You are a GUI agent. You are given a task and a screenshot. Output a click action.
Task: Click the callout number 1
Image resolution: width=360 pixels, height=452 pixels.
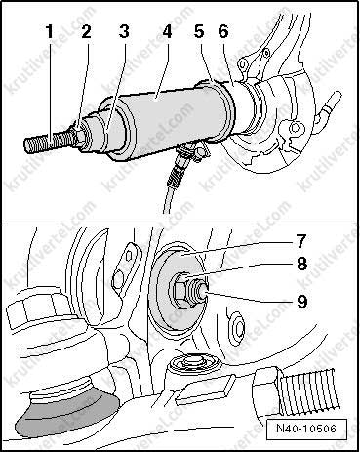(50, 32)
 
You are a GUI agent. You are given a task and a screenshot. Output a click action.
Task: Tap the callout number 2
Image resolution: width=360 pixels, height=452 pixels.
(86, 32)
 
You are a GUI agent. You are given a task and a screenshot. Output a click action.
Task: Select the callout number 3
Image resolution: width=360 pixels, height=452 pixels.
(124, 32)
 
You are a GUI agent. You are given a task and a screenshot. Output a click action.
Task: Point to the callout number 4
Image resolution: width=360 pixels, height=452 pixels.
(167, 32)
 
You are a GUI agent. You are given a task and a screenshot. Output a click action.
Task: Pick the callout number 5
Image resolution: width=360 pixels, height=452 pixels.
(199, 32)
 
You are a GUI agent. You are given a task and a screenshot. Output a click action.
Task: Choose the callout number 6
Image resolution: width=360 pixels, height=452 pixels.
(223, 32)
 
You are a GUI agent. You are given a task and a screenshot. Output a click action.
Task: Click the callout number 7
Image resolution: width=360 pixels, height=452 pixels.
(301, 241)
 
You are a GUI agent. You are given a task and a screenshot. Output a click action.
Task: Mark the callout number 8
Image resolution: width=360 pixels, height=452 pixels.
(301, 264)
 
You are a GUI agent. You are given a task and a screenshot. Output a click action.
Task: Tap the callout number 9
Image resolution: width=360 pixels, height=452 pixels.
(301, 302)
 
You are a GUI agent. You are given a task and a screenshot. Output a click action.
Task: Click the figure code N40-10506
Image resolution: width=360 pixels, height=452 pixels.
(306, 429)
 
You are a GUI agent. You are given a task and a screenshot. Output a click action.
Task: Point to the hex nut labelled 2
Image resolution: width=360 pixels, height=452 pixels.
(81, 140)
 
